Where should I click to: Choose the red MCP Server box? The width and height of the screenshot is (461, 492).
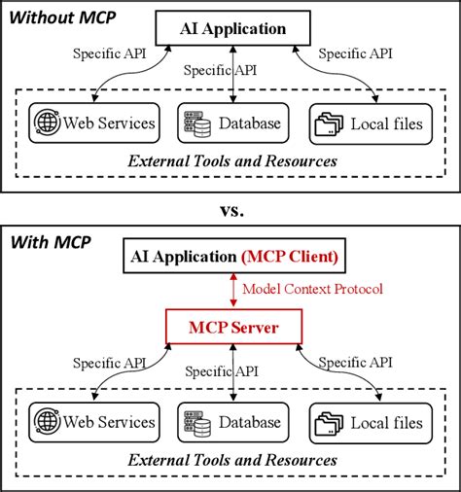(230, 329)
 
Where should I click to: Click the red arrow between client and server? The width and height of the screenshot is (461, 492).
(230, 291)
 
